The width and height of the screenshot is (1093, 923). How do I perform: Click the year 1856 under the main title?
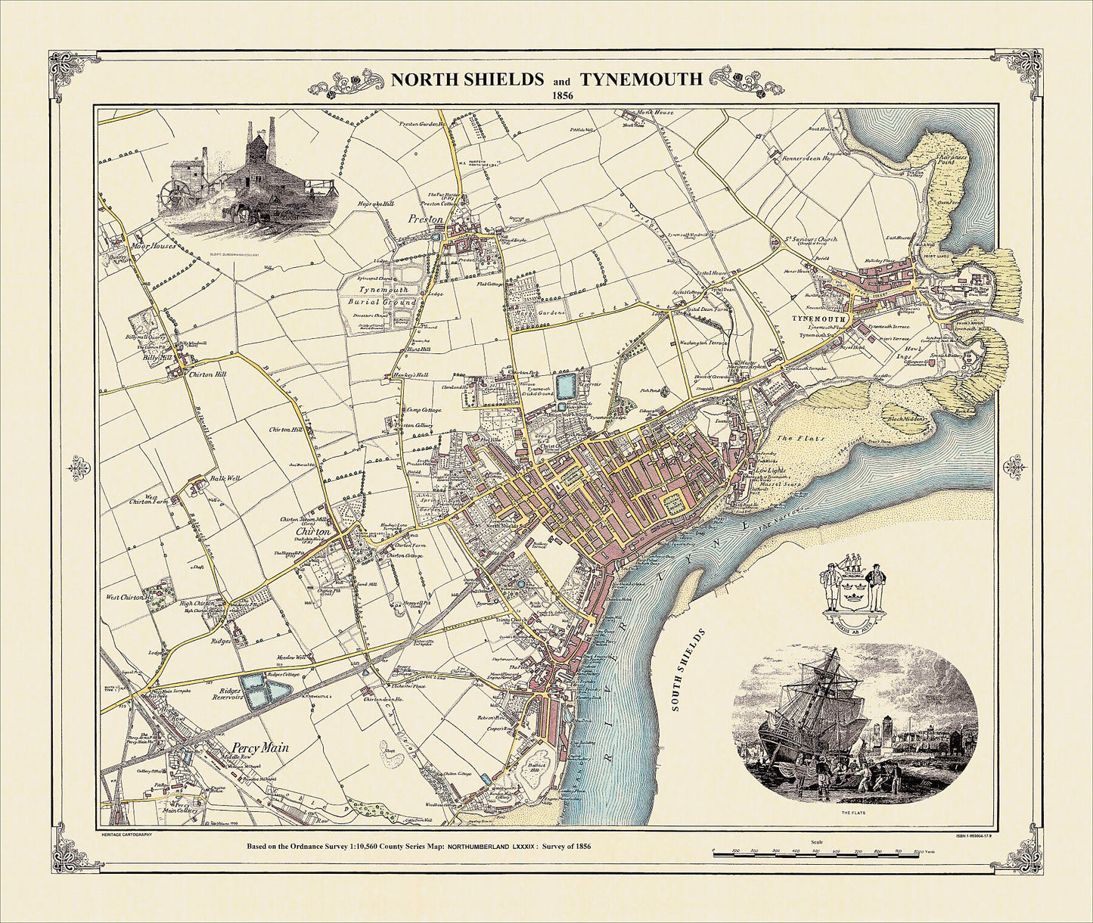click(562, 96)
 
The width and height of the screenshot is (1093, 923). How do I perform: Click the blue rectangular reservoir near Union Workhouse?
click(565, 385)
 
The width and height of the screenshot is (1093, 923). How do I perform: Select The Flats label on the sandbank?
click(793, 438)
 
